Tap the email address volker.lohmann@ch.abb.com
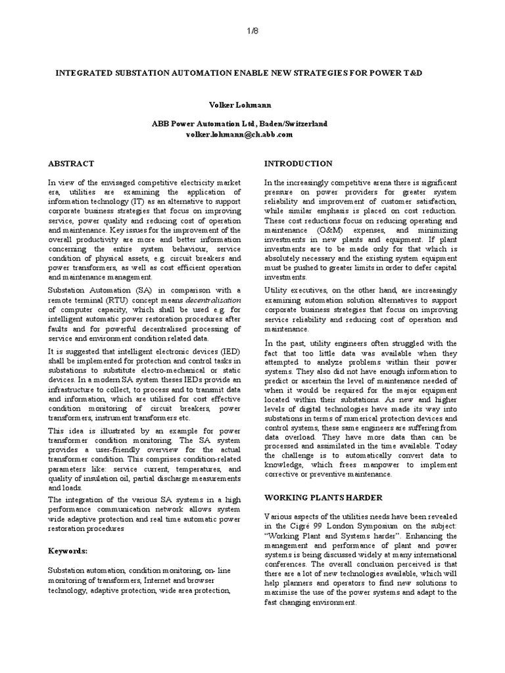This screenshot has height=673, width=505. click(x=239, y=134)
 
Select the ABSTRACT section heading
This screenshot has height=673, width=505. click(x=71, y=163)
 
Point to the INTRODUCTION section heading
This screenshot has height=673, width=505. click(x=298, y=163)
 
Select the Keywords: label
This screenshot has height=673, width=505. click(x=69, y=549)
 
